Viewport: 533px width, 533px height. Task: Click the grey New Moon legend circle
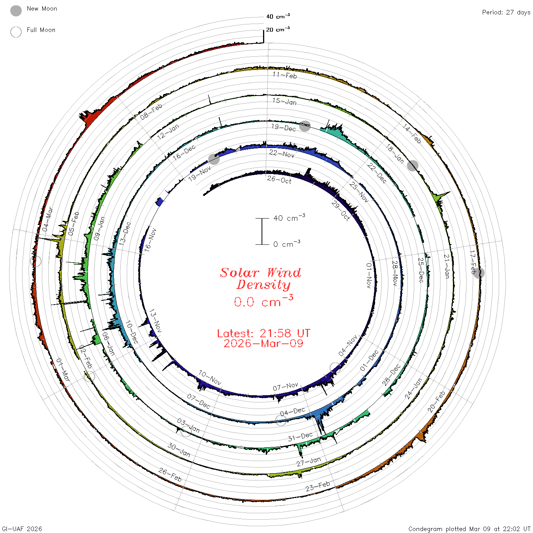[x=16, y=11]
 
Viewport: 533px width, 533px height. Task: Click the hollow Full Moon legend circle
[x=16, y=32]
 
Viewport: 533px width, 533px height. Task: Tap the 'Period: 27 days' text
[x=506, y=13]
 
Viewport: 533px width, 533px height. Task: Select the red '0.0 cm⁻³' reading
[x=263, y=301]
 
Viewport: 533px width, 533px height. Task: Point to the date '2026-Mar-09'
[x=263, y=343]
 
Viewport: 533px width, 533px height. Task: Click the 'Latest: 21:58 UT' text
[x=263, y=333]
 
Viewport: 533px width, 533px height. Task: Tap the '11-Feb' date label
[x=285, y=75]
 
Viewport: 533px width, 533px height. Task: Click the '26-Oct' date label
[x=279, y=180]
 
